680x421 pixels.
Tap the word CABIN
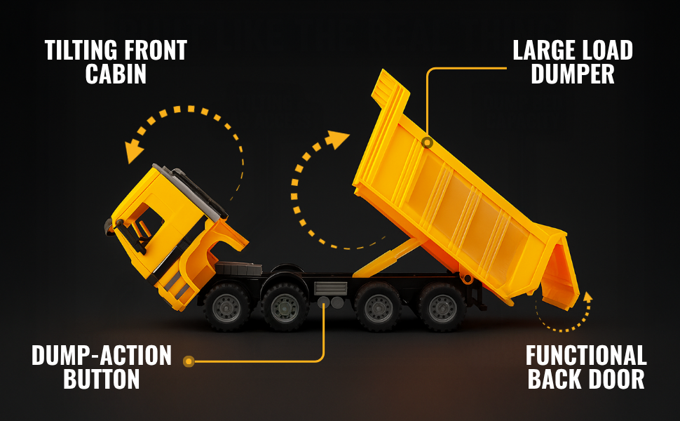click(116, 74)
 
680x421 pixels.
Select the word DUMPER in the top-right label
click(573, 74)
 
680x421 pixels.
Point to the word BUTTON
click(102, 380)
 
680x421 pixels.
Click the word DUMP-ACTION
click(102, 356)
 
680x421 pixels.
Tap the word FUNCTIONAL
click(586, 356)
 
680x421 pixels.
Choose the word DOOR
click(618, 380)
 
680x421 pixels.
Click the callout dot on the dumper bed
click(426, 142)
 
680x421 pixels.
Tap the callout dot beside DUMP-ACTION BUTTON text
click(189, 361)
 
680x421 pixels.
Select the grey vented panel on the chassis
click(331, 288)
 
